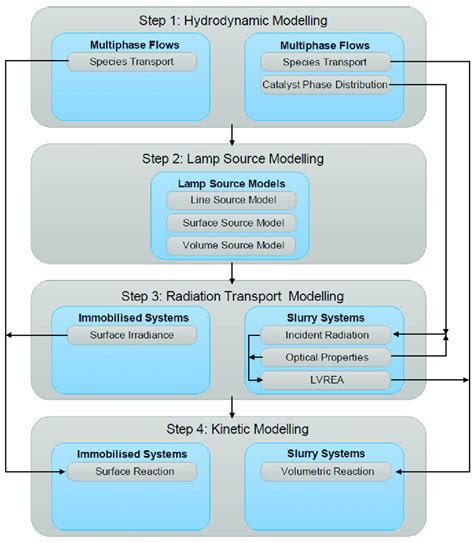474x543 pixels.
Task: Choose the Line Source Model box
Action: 231,201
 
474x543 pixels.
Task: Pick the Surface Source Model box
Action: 231,223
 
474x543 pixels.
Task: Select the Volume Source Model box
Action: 231,245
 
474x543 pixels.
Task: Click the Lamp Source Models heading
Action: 231,182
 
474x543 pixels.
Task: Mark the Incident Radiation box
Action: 326,335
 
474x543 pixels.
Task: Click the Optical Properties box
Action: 326,357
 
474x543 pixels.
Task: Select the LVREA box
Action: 326,379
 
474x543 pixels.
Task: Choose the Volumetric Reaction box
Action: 326,471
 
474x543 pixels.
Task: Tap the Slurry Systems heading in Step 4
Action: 326,453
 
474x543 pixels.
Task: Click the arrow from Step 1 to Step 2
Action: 231,135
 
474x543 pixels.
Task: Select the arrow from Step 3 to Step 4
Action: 231,407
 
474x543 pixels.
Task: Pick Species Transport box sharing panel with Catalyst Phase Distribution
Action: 324,63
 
